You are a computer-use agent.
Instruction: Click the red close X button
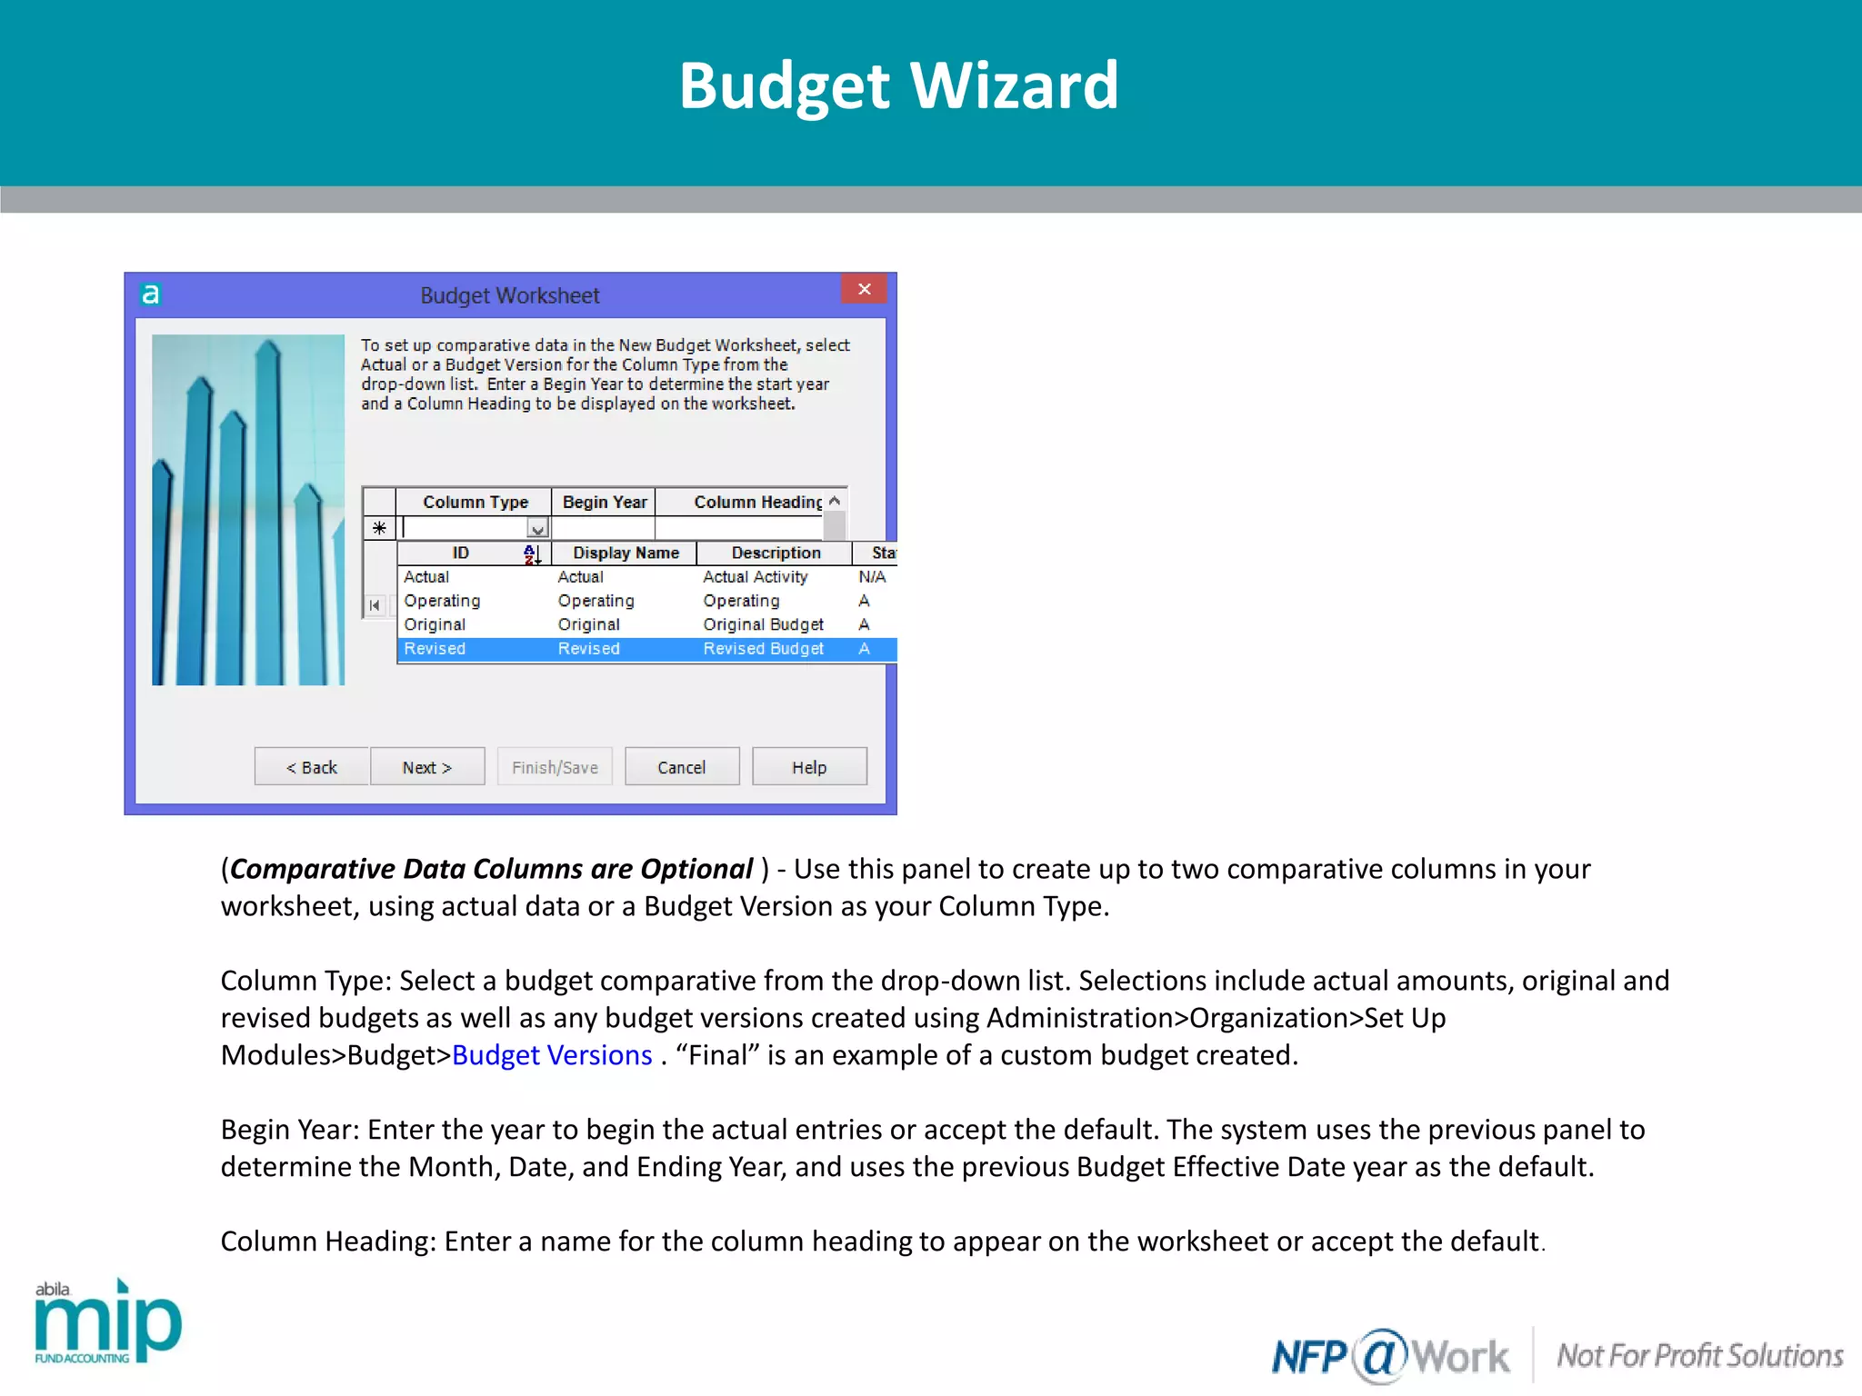(864, 289)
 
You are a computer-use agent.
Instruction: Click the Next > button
(426, 767)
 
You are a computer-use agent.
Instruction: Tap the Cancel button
(681, 767)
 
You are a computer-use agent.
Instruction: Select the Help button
(808, 767)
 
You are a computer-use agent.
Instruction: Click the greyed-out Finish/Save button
(555, 767)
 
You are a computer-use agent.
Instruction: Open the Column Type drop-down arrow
(538, 528)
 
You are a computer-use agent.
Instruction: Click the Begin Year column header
(604, 502)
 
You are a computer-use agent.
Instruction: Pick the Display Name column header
(626, 553)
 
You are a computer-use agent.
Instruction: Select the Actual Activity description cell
(755, 577)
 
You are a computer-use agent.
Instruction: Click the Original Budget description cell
(763, 624)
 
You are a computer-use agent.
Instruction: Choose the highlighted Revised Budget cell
(763, 648)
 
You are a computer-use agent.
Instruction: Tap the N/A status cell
(871, 577)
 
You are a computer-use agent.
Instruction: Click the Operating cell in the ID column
(442, 601)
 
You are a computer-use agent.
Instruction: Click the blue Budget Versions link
(552, 1055)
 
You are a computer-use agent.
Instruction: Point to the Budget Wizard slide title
(898, 85)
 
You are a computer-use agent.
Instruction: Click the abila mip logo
(107, 1321)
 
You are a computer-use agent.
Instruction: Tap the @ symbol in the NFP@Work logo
(1379, 1355)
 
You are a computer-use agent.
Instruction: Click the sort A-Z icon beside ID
(532, 553)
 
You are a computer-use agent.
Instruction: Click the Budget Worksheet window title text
(509, 295)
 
